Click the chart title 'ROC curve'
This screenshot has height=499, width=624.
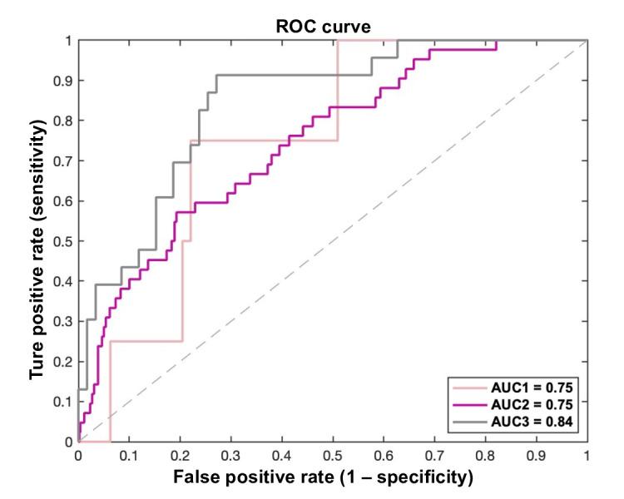point(324,27)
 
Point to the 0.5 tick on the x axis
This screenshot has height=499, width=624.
point(333,442)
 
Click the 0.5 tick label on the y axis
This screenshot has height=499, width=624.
point(61,241)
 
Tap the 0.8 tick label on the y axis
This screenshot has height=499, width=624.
point(61,121)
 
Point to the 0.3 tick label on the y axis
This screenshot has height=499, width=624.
point(61,321)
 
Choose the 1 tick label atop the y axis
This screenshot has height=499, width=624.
point(67,40)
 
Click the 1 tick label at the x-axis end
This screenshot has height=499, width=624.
point(587,456)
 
